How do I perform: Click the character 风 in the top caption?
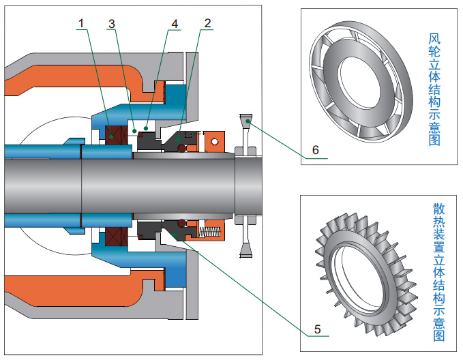click(x=433, y=38)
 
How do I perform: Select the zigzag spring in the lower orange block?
click(x=213, y=232)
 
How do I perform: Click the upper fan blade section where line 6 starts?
click(x=246, y=122)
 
